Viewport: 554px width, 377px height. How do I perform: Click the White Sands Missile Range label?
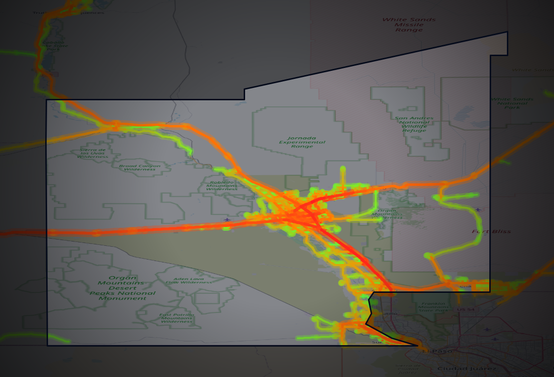point(409,25)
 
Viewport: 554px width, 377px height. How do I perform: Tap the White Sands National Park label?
point(512,103)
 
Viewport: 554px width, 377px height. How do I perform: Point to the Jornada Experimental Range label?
point(302,142)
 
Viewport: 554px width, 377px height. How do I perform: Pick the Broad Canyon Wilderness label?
point(139,167)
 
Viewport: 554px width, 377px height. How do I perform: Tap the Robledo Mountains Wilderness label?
point(222,185)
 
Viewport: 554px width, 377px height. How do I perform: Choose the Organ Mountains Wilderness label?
point(390,214)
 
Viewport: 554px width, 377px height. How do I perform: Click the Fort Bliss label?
point(491,232)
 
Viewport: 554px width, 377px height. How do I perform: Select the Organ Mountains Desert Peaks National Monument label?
point(123,288)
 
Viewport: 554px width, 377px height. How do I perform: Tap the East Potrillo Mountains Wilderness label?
point(177,318)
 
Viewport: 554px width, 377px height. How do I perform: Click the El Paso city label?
point(433,351)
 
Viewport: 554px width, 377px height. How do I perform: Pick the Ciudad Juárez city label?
point(466,368)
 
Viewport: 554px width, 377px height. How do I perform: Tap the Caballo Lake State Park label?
point(55,46)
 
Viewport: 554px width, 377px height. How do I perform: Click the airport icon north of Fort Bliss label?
point(478,210)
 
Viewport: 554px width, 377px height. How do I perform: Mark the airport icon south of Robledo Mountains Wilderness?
point(228,219)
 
